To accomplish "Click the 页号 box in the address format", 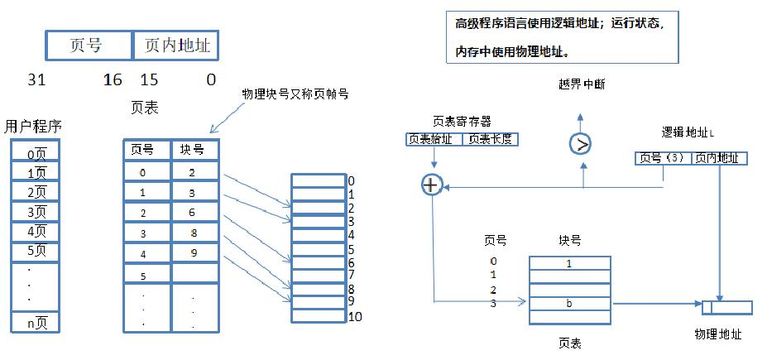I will point(89,46).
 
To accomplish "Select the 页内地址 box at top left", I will point(176,46).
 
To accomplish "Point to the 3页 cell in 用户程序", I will point(36,211).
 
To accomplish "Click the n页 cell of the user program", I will point(36,323).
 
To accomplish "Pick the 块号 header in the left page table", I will point(194,151).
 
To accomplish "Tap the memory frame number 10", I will point(355,316).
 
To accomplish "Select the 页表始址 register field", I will point(434,139).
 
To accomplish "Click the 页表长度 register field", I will point(490,139).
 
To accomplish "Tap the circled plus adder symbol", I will point(430,185).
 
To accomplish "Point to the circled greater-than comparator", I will point(582,144).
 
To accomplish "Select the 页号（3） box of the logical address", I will point(661,158).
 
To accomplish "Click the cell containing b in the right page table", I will point(569,304).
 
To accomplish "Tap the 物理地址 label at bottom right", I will point(717,335).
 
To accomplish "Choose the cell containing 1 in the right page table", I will point(569,263).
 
